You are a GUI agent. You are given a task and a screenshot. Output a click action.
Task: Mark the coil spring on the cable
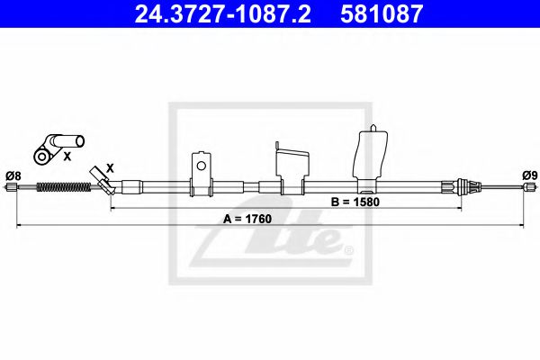click(63, 187)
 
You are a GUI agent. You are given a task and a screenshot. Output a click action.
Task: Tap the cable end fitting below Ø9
click(529, 187)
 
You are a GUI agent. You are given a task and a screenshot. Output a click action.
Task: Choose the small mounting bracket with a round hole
click(202, 170)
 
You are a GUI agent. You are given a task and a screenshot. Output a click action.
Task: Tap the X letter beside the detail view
click(66, 156)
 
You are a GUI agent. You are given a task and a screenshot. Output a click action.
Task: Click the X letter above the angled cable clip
click(110, 167)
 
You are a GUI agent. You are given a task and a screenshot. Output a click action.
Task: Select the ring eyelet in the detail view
click(40, 156)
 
